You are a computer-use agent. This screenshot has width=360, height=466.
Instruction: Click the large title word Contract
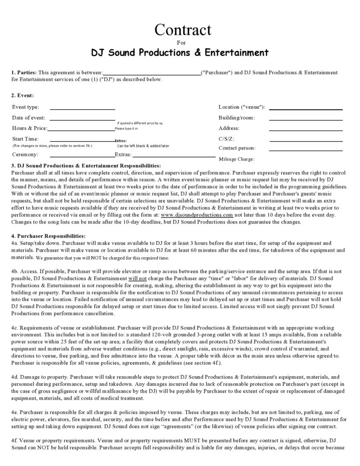click(x=183, y=30)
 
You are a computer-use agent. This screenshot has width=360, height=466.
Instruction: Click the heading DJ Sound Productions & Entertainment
click(x=180, y=52)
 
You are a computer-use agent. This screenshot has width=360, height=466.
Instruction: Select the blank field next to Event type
click(x=82, y=109)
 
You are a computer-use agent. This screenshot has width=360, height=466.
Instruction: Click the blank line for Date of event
click(x=82, y=119)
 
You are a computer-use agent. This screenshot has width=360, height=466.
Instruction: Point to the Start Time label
click(x=26, y=139)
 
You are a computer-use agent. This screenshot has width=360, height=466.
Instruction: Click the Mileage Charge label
click(x=237, y=159)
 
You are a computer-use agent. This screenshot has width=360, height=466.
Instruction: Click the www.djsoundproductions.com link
click(x=197, y=215)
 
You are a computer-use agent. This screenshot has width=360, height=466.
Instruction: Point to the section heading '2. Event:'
click(x=23, y=96)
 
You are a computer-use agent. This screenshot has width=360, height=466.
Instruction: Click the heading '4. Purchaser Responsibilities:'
click(x=48, y=236)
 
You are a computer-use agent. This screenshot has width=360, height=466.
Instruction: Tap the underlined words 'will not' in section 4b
click(x=137, y=278)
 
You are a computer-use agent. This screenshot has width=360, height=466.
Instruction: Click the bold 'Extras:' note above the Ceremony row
click(x=121, y=141)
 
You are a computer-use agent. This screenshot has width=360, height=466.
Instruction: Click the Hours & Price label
click(x=30, y=129)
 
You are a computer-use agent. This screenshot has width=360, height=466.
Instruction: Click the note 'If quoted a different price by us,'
click(x=140, y=123)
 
